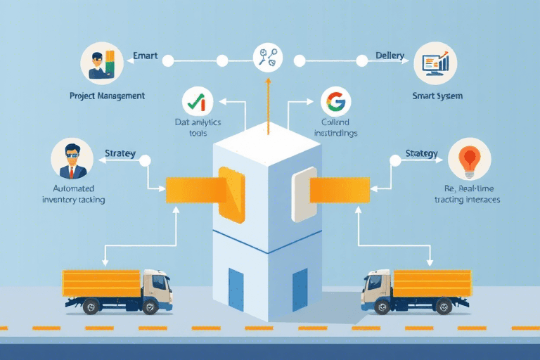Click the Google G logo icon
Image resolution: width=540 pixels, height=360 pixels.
[x=335, y=102]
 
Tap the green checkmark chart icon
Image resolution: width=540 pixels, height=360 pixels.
[x=197, y=102]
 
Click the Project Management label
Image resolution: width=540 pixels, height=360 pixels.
[x=107, y=95]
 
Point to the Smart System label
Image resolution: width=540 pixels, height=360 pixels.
[x=437, y=95]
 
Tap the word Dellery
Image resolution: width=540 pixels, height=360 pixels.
[x=390, y=55]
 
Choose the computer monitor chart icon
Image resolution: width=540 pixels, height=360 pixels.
[x=436, y=63]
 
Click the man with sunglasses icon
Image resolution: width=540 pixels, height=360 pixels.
[x=72, y=158]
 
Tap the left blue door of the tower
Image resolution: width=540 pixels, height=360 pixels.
[x=236, y=289]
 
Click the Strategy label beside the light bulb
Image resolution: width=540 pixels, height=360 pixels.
[x=422, y=153]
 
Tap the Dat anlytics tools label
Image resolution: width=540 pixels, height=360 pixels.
[x=198, y=127]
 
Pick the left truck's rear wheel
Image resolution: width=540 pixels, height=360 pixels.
[x=91, y=307]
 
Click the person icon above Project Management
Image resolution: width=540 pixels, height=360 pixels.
[x=101, y=63]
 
